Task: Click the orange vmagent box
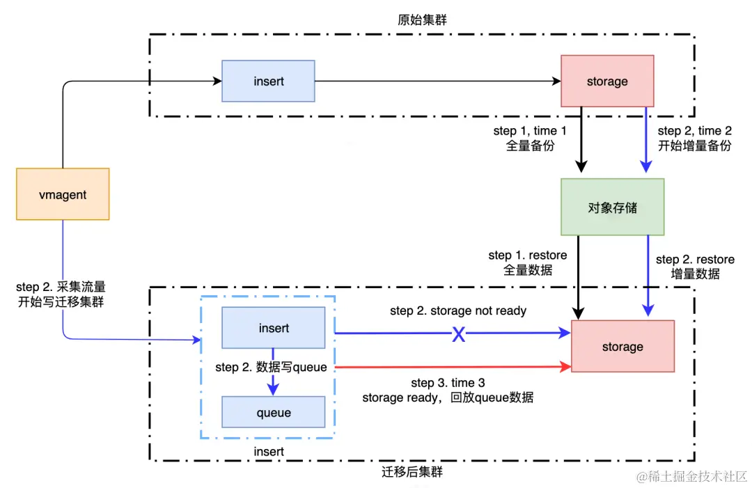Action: [63, 194]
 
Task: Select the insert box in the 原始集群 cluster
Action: [268, 81]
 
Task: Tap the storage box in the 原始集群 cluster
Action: [607, 81]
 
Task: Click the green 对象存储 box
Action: [612, 207]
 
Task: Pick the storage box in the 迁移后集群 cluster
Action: [622, 346]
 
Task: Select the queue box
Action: [273, 412]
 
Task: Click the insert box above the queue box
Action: [273, 327]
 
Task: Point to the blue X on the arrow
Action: [458, 335]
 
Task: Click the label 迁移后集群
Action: [412, 472]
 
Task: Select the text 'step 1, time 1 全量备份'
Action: [531, 138]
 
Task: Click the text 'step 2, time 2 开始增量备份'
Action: [694, 138]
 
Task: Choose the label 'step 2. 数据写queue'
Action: [271, 367]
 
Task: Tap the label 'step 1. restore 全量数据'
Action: [528, 262]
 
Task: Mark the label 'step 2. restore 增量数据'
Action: [695, 267]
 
